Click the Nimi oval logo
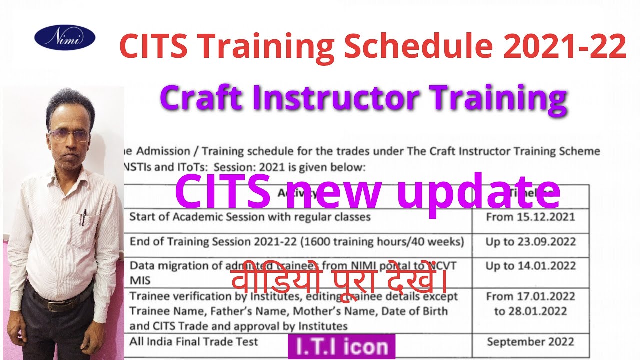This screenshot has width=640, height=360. tap(65, 38)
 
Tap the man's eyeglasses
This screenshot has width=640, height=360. tap(70, 135)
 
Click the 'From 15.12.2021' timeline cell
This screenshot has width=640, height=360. tap(530, 217)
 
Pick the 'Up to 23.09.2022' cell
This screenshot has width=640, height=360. tap(530, 242)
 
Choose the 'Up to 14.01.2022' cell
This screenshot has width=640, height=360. tap(530, 266)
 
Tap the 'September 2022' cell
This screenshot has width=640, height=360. tap(530, 342)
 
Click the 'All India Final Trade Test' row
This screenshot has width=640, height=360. tap(194, 342)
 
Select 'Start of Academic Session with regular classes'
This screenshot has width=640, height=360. tap(250, 217)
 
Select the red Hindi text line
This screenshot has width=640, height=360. tap(339, 281)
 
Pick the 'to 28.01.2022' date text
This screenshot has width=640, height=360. tap(530, 311)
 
